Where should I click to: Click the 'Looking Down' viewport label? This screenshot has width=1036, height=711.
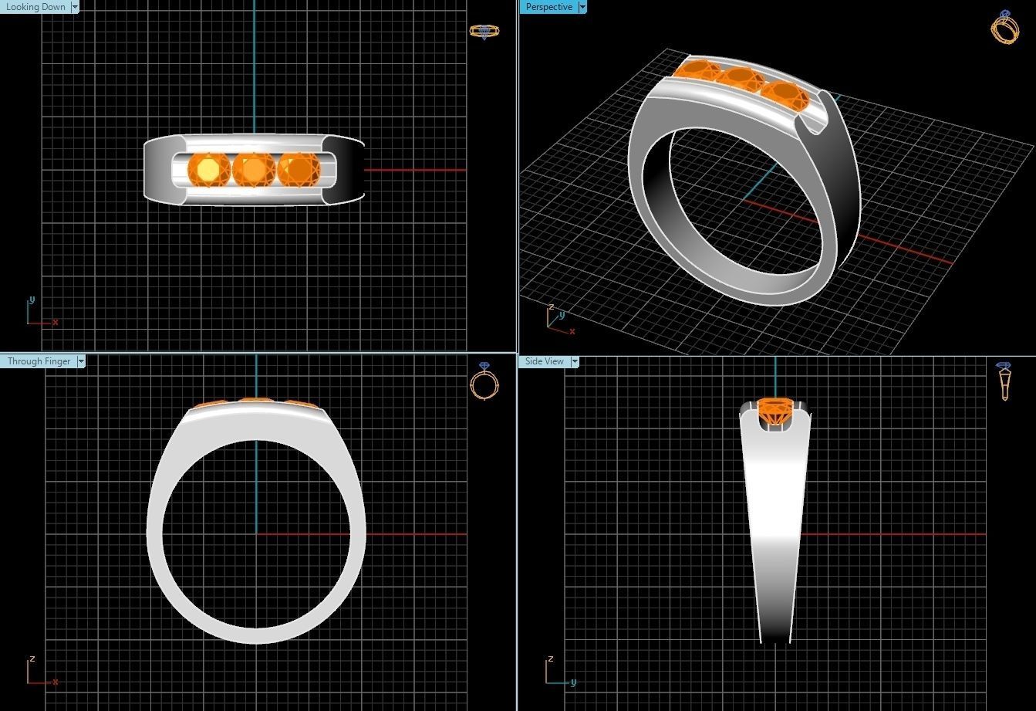(x=35, y=7)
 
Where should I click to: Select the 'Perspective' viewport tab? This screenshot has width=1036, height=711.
(x=548, y=7)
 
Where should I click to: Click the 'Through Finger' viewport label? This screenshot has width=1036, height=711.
(x=39, y=361)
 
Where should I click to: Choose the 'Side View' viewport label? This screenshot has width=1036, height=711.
(x=544, y=361)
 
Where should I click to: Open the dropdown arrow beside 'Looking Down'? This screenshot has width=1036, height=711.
(x=75, y=7)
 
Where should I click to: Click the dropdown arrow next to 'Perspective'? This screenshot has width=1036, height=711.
(x=582, y=7)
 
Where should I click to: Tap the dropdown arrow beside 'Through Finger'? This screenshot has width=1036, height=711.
(x=81, y=361)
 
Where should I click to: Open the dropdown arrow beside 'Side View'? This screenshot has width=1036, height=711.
(x=575, y=361)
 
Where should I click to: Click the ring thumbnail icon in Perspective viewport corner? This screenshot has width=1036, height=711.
(x=1004, y=27)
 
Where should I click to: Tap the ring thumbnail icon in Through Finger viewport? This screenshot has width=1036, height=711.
(x=484, y=381)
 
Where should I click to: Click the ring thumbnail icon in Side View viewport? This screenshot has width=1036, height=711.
(x=1004, y=381)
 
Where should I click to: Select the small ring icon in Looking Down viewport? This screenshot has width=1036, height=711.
(x=484, y=32)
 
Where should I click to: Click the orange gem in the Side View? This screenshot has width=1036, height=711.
(x=774, y=410)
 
